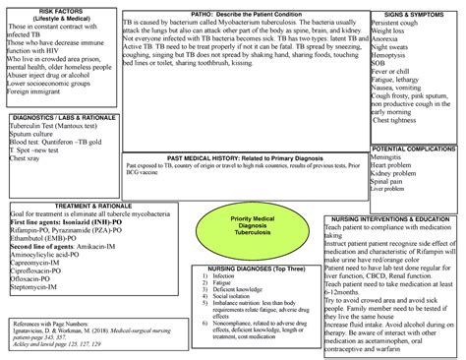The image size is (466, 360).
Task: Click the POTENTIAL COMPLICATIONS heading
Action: point(413,148)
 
